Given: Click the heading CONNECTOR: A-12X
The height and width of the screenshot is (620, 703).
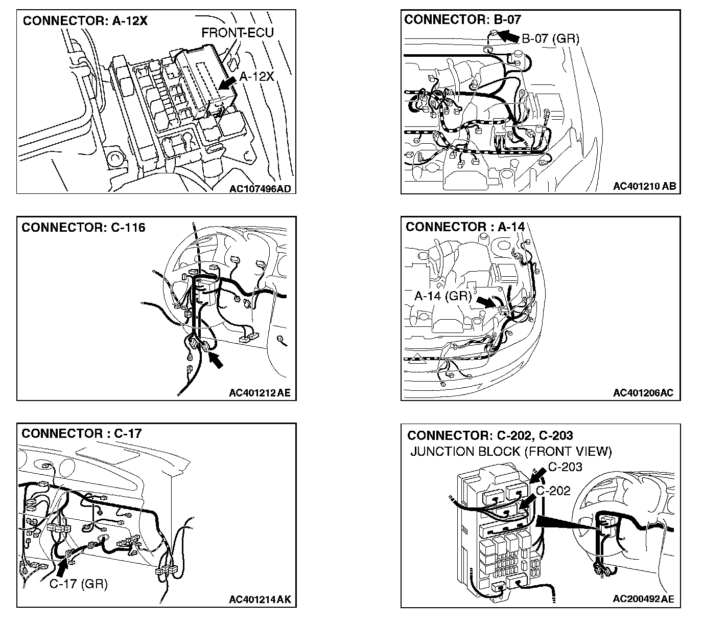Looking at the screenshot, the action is coord(85,21).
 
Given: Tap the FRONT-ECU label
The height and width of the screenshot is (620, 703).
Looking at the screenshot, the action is coord(238,33).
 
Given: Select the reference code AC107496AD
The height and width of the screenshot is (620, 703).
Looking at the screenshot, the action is coord(260,189).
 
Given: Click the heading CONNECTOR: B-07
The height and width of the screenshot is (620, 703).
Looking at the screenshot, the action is coord(462,19).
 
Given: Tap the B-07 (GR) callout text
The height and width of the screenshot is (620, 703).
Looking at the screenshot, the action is coord(551,38).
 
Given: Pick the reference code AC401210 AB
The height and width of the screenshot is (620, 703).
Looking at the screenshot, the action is coord(644,186).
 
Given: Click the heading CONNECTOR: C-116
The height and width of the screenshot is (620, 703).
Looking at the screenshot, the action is coord(83,227).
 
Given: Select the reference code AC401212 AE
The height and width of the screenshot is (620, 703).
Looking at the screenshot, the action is coord(260,393).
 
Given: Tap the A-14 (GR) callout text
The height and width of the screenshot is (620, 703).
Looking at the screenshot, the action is coord(443,296).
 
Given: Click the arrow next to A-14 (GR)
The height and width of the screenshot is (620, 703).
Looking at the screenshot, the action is coord(486,301).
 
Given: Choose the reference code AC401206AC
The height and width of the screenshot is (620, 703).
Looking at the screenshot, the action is coord(643,393).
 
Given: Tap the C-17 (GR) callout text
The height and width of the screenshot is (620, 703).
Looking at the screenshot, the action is coord(78,584).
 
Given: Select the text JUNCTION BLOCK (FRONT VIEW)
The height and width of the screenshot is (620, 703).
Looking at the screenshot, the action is coord(511,452).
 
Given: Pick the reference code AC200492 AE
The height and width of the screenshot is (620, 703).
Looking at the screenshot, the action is coord(643,599).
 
